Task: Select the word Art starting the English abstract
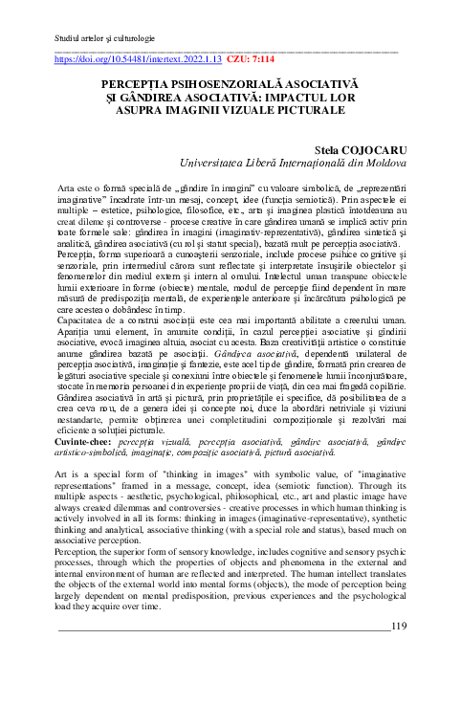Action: coord(64,474)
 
